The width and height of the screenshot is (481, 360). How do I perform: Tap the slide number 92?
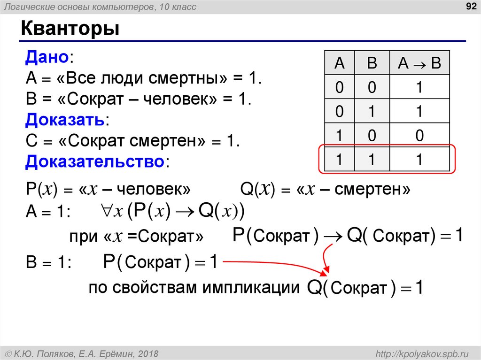pyautogui.click(x=468, y=7)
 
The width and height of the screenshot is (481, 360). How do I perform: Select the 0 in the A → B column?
pyautogui.click(x=419, y=136)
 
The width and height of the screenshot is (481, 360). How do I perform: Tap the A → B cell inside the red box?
pyautogui.click(x=419, y=160)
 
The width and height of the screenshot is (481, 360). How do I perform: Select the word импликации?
pyautogui.click(x=252, y=287)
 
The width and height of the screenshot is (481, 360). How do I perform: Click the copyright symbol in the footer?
pyautogui.click(x=9, y=353)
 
